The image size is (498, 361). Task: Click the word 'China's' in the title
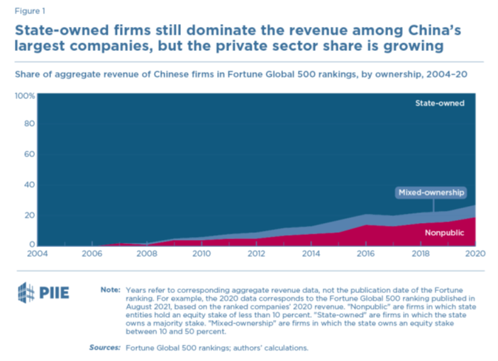click(449, 30)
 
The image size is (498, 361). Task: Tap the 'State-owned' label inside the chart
click(439, 103)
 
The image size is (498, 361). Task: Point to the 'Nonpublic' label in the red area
click(445, 233)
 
